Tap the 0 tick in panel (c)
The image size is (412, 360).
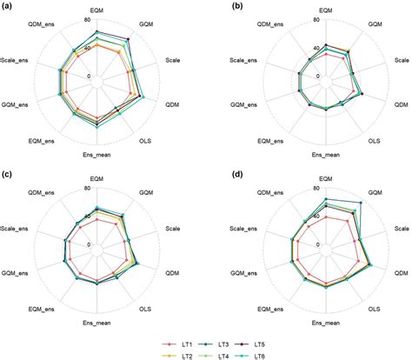pyautogui.click(x=90, y=244)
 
